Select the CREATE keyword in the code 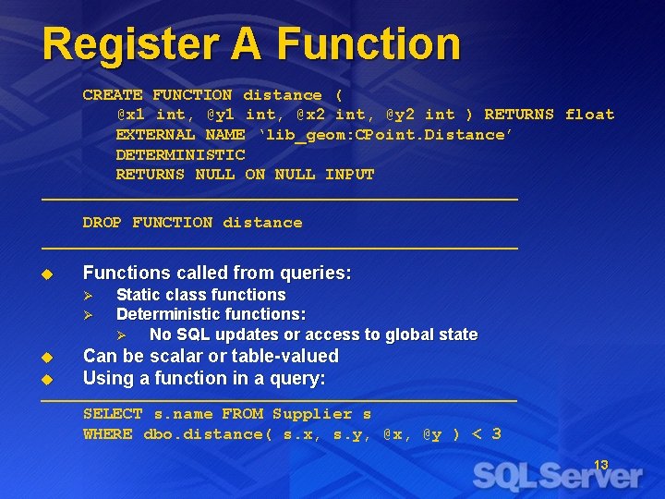(113, 95)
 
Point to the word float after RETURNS (589, 115)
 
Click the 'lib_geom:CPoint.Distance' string (385, 135)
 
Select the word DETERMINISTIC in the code (180, 155)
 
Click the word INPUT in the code (349, 175)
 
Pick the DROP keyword (103, 223)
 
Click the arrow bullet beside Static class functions (90, 296)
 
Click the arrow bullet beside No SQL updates (123, 335)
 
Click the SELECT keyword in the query (113, 415)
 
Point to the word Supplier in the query (312, 415)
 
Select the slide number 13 (600, 465)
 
